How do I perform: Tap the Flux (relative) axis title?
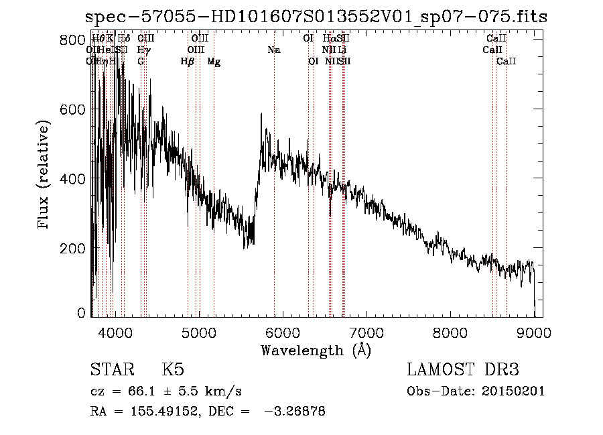coord(45,176)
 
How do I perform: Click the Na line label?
coord(273,50)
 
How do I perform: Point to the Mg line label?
coord(214,62)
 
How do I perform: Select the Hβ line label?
coord(188,62)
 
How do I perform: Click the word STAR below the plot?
coord(113,370)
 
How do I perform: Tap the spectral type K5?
coord(173,370)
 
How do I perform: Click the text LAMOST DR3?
coord(463,370)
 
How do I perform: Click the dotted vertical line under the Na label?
coord(274,201)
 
